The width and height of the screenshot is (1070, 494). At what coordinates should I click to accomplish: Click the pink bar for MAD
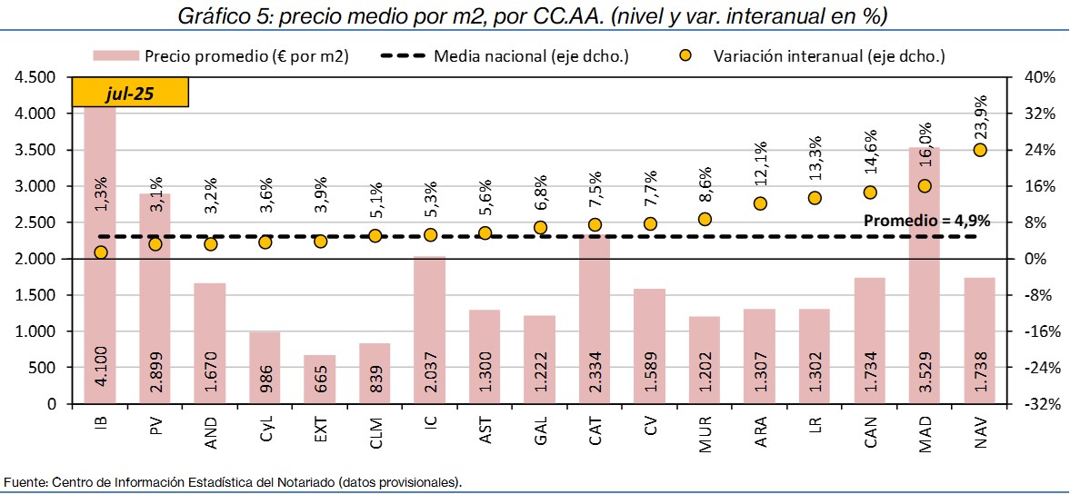925,272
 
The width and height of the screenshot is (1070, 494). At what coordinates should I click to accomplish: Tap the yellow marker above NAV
980,150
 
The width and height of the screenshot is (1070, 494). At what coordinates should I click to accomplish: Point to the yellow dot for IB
101,252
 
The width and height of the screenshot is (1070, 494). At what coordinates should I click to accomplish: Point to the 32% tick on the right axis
1039,114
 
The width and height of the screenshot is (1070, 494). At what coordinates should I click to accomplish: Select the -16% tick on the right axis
1039,331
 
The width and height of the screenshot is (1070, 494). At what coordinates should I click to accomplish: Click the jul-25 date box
130,93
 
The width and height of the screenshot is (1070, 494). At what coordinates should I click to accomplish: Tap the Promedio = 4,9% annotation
926,221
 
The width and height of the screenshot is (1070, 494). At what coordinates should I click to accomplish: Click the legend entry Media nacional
532,56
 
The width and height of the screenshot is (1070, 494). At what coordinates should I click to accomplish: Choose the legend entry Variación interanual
829,56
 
